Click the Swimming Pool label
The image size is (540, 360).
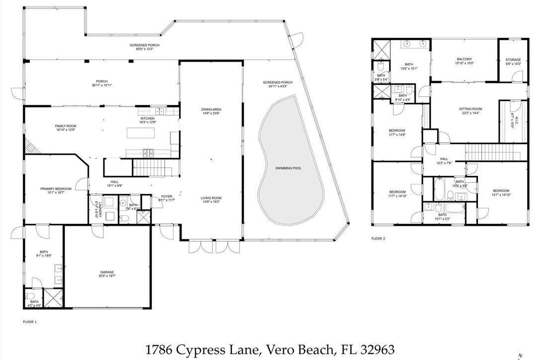[288, 169]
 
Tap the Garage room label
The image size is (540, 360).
[107, 272]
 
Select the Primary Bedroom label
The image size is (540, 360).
[56, 189]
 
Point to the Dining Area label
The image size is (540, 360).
[211, 109]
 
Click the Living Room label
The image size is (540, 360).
[211, 198]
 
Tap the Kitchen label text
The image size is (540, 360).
[148, 118]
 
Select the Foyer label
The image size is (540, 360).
[167, 196]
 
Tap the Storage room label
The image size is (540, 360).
[513, 59]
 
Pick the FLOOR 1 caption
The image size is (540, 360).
[30, 322]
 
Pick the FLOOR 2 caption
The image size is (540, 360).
[378, 239]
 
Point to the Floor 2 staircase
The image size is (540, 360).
[496, 151]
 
